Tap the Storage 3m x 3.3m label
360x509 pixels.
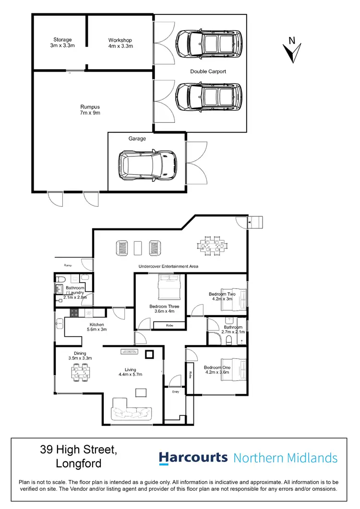pyautogui.click(x=63, y=43)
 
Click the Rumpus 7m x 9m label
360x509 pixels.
pyautogui.click(x=90, y=110)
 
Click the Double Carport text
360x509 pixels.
pyautogui.click(x=208, y=71)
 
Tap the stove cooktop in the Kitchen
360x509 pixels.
pyautogui.click(x=75, y=313)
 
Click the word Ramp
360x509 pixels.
pyautogui.click(x=68, y=265)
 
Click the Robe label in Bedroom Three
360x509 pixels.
pyautogui.click(x=169, y=326)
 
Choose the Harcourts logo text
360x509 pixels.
pyautogui.click(x=193, y=458)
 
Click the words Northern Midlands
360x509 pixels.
pyautogui.click(x=285, y=458)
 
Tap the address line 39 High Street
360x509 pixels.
pyautogui.click(x=79, y=450)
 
